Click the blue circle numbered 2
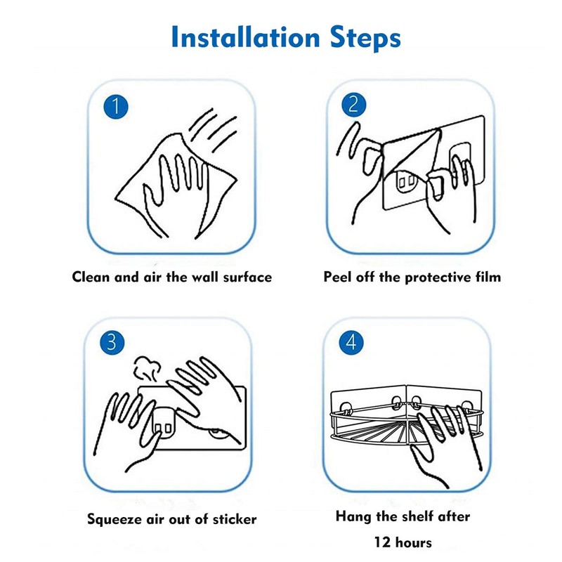pos(353,105)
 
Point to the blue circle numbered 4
pos(352,344)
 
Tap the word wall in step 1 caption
pos(195,277)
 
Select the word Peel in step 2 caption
pos(337,277)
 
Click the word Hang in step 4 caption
pos(352,516)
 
